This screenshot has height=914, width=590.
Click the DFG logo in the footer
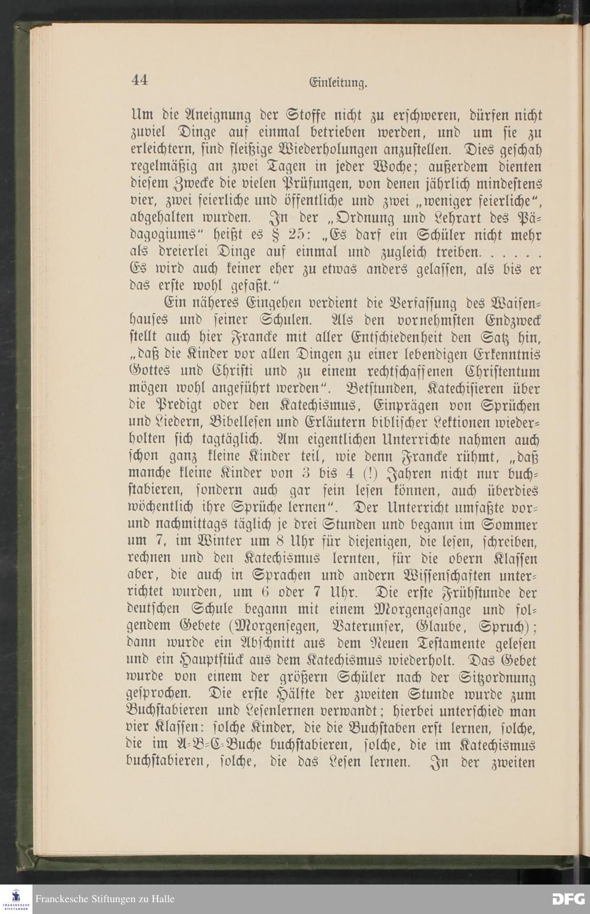tap(567, 899)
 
